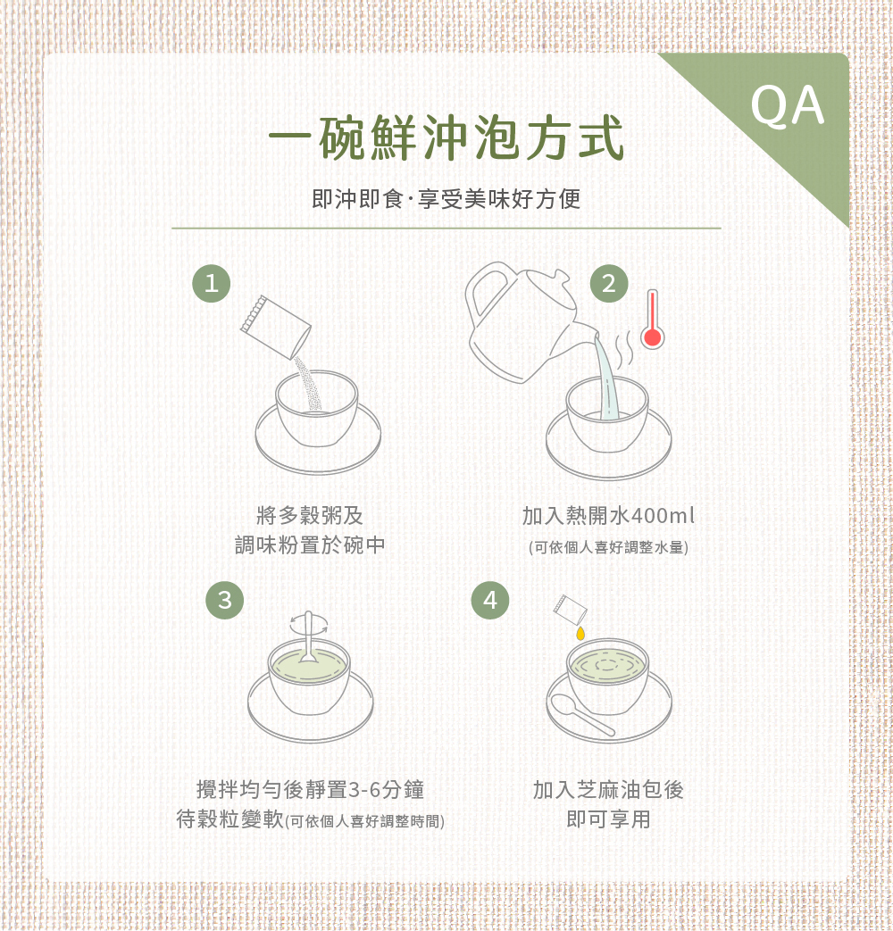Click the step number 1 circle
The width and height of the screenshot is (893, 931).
pos(211,284)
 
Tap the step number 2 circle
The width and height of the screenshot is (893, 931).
pos(609,284)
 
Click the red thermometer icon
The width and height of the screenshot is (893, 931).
pos(652,320)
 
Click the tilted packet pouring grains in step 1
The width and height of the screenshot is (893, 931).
pos(274,326)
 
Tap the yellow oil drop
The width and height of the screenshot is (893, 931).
pos(580,633)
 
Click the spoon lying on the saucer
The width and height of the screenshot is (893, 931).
pos(581,715)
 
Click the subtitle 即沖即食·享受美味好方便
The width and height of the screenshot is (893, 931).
pos(446,198)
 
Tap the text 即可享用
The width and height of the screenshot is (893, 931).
pos(608,819)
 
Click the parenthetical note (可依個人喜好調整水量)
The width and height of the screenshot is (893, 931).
pos(608,546)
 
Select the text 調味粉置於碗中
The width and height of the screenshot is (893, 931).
pos(310,544)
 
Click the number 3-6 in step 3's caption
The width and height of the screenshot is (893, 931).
pos(363,790)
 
